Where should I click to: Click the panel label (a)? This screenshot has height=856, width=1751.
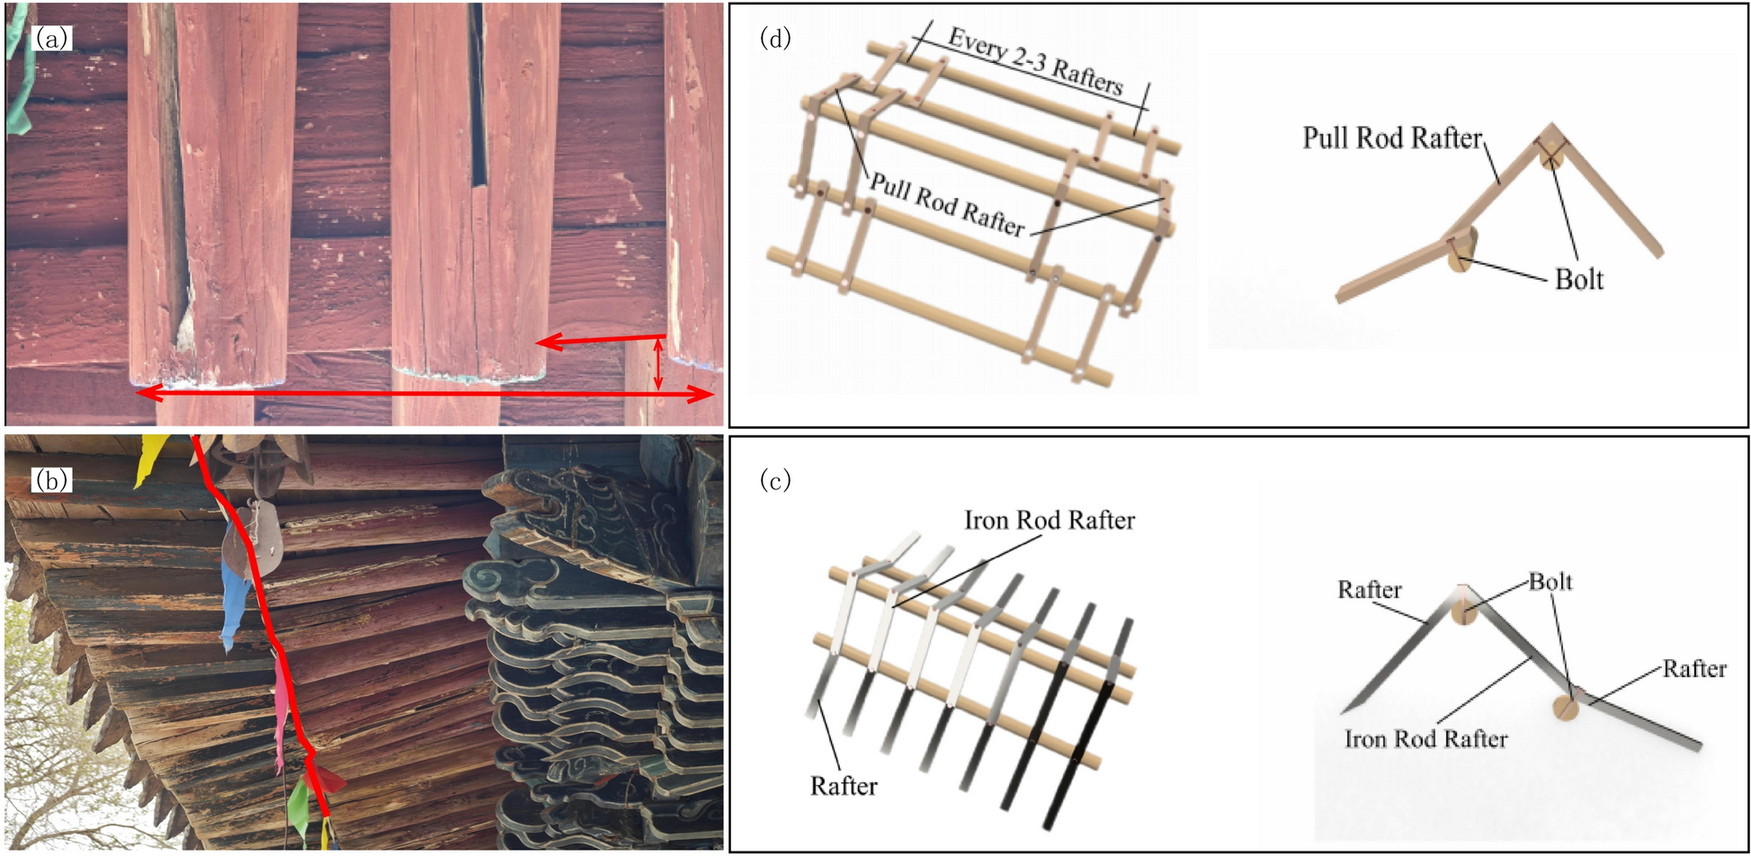click(x=50, y=38)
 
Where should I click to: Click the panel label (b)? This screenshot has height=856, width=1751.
click(x=50, y=480)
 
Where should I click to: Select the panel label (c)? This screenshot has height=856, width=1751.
click(x=775, y=480)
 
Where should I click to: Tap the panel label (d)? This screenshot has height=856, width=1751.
click(x=775, y=38)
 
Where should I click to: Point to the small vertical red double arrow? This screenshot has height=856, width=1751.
click(x=658, y=364)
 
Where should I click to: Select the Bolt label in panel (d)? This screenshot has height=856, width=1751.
click(x=1578, y=280)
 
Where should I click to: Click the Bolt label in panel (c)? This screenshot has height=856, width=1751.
click(x=1550, y=582)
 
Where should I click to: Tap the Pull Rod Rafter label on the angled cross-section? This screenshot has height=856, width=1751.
click(x=1391, y=138)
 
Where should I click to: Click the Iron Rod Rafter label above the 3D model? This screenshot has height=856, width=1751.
click(x=1049, y=520)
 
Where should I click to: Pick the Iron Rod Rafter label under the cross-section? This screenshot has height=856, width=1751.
click(x=1425, y=739)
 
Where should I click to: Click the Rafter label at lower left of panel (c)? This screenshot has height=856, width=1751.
click(x=843, y=786)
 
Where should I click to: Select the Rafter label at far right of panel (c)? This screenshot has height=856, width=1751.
click(x=1693, y=668)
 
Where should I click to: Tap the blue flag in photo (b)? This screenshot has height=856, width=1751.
click(x=235, y=597)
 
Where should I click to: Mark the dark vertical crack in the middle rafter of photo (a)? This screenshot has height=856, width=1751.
click(x=477, y=99)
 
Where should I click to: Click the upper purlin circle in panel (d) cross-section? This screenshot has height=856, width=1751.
click(x=1551, y=156)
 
